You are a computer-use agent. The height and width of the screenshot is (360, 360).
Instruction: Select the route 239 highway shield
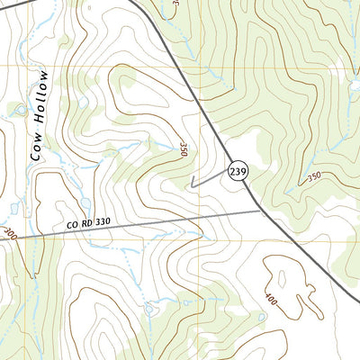click(238, 172)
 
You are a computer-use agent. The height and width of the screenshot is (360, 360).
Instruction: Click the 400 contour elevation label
click(271, 298)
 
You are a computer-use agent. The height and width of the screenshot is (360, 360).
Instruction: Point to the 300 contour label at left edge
click(9, 233)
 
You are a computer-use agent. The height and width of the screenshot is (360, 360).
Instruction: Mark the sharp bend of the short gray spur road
click(192, 185)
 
